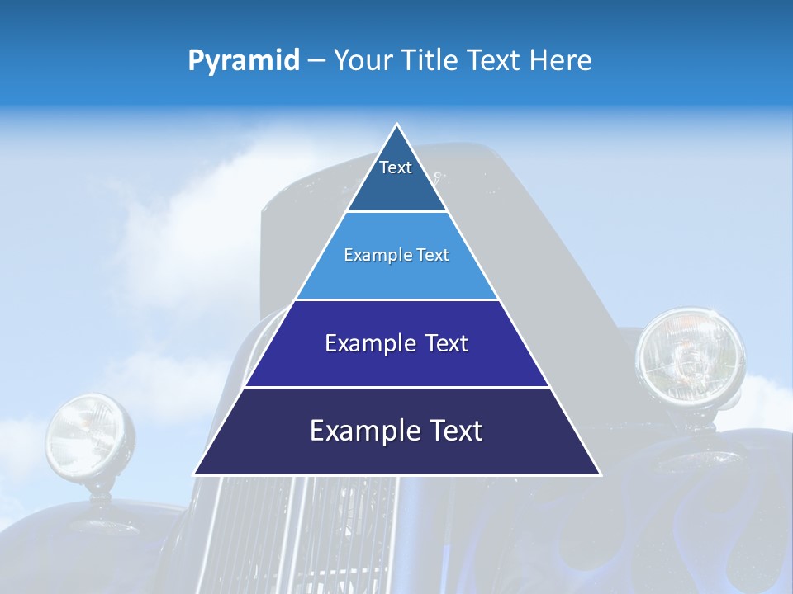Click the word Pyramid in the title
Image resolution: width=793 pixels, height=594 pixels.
243,61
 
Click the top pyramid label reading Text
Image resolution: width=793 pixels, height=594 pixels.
395,167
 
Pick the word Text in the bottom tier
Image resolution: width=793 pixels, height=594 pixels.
453,431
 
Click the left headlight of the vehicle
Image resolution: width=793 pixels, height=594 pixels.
89,436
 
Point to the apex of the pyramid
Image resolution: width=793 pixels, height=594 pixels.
397,125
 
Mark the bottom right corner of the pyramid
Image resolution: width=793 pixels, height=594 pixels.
599,473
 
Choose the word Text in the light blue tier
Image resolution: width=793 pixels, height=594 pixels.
434,255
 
